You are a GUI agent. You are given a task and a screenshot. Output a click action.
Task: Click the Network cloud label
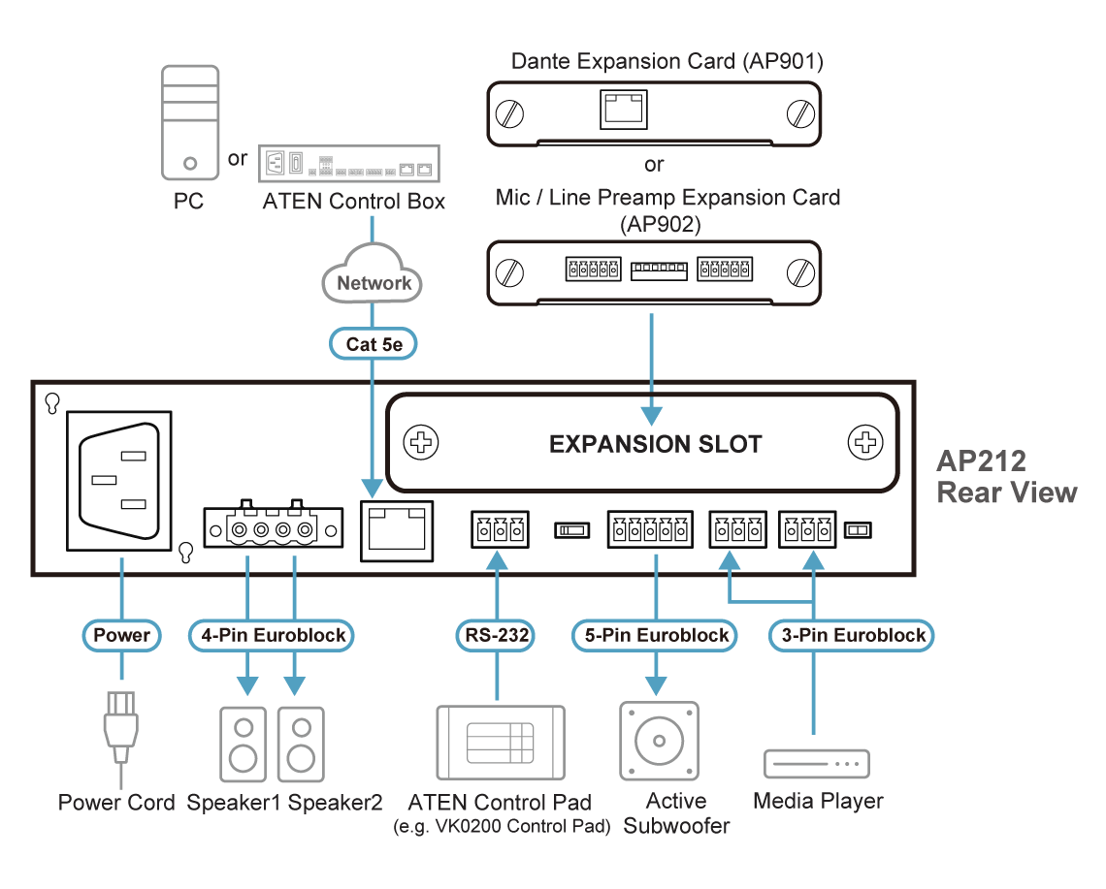coord(374,282)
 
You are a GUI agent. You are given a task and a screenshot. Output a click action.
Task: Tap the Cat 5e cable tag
coord(373,343)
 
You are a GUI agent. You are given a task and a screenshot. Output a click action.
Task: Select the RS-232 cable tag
coord(497,635)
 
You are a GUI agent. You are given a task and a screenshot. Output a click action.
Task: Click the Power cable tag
coord(121,635)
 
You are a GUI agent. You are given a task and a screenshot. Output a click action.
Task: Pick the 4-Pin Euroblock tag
coord(271,635)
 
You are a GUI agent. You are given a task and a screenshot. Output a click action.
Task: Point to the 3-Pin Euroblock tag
coord(853,635)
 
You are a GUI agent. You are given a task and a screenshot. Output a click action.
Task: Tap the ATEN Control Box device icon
coord(350,164)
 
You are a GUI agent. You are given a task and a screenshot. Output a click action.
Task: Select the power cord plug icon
coord(121,732)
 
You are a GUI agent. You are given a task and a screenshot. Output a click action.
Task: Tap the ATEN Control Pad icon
coord(500,742)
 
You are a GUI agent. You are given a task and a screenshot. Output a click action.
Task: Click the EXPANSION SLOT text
coord(655,444)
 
